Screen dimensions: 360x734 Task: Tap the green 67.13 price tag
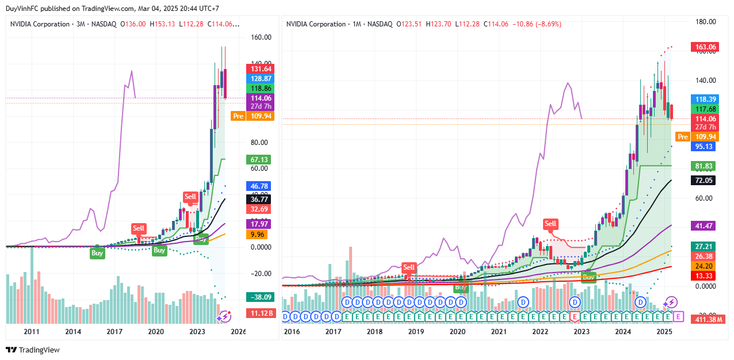tap(258, 159)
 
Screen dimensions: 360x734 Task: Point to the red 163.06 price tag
tap(705, 47)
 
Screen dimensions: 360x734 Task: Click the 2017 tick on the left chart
tap(114, 332)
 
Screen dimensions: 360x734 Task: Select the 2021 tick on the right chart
tap(499, 332)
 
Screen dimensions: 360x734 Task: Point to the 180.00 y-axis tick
tap(705, 22)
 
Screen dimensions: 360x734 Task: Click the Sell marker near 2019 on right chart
tap(408, 267)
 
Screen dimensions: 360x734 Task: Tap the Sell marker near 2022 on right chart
tap(550, 224)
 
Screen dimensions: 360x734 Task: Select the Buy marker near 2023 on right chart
tap(588, 277)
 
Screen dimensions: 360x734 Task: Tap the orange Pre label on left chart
tap(238, 116)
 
